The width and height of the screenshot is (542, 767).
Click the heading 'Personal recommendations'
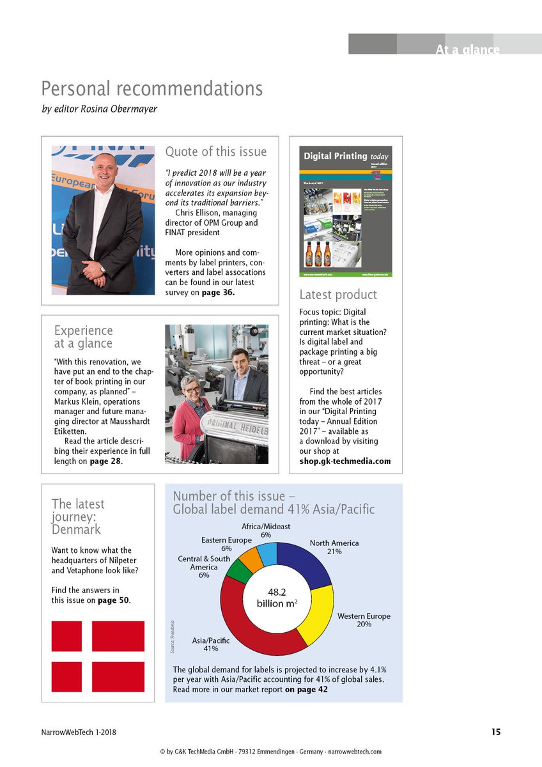(x=151, y=88)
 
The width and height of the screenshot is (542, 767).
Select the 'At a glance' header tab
(x=467, y=49)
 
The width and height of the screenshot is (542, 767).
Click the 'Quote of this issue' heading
(x=216, y=151)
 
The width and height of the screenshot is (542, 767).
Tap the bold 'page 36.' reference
(x=219, y=293)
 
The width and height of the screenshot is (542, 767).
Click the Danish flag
(x=98, y=656)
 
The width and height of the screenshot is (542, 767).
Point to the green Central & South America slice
(x=238, y=571)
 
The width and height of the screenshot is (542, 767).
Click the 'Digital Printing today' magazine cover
(x=346, y=211)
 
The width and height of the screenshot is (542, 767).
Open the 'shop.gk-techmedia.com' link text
(x=345, y=461)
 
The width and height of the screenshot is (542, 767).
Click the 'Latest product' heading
(x=338, y=295)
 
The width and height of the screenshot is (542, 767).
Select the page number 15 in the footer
(x=496, y=732)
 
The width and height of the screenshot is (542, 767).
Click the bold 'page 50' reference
(x=113, y=600)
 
